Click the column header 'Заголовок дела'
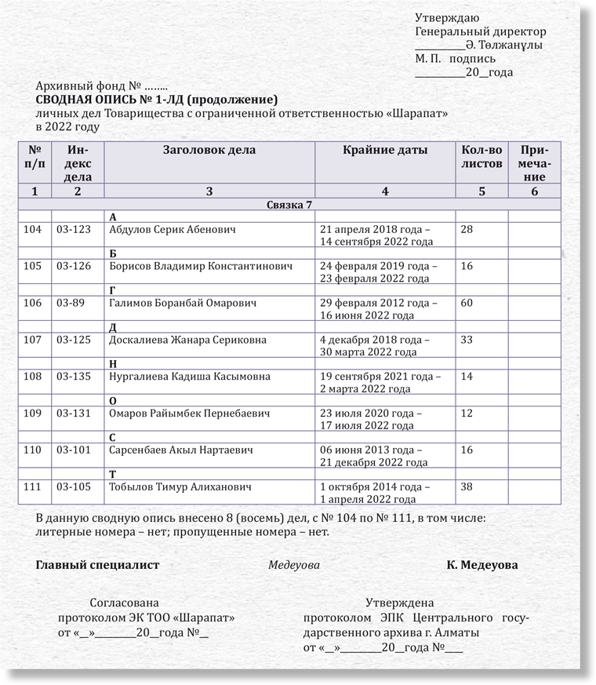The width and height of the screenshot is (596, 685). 209,150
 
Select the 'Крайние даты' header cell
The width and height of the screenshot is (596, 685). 385,150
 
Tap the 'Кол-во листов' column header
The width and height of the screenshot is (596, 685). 482,156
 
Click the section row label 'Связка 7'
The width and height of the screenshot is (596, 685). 289,204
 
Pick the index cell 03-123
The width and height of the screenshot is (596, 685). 74,229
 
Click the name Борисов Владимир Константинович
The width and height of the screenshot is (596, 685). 202,266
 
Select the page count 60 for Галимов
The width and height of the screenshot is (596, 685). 467,303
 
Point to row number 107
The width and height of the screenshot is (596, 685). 33,340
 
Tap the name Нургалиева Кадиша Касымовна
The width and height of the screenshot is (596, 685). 196,377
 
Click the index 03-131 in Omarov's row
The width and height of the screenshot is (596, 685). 74,414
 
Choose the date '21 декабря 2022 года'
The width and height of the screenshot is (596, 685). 374,463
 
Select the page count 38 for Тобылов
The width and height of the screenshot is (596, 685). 467,487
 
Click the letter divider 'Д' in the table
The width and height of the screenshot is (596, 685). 113,327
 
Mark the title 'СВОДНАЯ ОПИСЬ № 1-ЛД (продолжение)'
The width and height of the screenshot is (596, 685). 157,100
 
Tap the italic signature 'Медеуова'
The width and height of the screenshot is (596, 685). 294,565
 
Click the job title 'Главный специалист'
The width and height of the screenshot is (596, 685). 98,565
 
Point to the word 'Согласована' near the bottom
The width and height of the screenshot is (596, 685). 124,603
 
